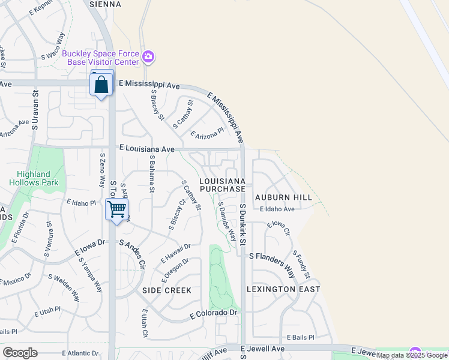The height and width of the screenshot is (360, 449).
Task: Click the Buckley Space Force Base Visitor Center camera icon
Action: coord(148,58)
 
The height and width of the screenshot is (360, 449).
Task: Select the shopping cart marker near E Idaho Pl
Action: coord(117,210)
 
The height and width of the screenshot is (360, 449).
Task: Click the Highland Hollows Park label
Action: coord(30,178)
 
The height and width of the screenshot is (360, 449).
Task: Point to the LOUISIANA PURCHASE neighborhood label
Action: coord(222,185)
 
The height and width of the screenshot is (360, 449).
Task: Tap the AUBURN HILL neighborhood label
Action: coord(283,197)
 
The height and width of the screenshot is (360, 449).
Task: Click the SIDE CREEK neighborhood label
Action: coord(167,290)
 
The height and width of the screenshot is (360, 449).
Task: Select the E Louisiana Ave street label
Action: coord(147,148)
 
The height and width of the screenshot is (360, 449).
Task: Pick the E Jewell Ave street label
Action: coord(262,349)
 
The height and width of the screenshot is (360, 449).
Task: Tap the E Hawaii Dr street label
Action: coord(175,254)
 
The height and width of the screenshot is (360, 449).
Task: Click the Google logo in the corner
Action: coord(20,353)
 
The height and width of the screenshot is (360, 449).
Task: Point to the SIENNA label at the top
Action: coord(105,4)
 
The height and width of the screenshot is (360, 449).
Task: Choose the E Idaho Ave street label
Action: coord(277,209)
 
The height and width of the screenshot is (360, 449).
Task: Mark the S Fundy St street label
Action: coord(301,265)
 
